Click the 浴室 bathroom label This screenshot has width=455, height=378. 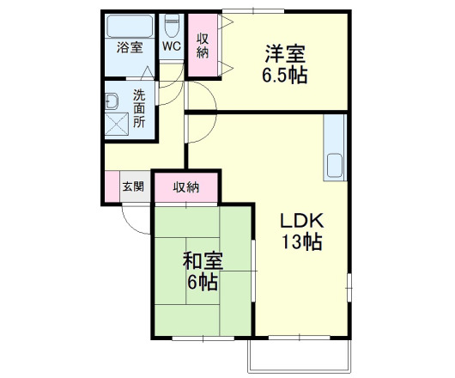tap(130, 48)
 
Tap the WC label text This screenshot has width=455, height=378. tap(171, 46)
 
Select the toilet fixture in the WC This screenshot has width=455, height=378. tap(171, 22)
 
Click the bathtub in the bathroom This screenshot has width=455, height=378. tap(130, 24)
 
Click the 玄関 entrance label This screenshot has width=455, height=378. tap(133, 186)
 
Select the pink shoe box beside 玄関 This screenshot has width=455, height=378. tap(112, 186)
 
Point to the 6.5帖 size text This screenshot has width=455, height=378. tap(285, 75)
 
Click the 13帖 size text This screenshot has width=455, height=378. tap(300, 242)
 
